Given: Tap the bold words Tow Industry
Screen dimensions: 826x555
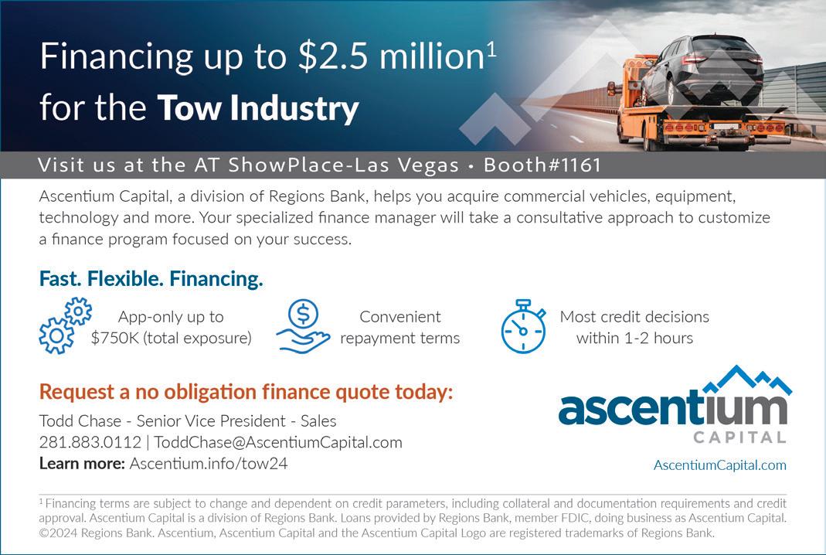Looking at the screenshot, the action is click(257, 108).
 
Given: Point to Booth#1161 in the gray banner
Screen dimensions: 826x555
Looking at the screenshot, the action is click(542, 165).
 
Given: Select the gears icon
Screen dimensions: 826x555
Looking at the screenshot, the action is click(66, 325).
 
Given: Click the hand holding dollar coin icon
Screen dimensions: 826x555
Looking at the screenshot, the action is click(303, 325).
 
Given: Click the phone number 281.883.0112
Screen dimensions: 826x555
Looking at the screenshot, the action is click(90, 442).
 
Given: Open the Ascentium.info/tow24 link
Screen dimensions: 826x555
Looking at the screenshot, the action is click(209, 463).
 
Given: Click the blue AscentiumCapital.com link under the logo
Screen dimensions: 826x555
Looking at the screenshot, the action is click(719, 465).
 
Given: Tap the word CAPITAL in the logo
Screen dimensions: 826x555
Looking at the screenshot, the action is click(739, 437).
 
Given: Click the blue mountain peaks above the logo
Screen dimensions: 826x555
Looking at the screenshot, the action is click(747, 380).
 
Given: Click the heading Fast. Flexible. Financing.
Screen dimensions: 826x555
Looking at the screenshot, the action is click(151, 279).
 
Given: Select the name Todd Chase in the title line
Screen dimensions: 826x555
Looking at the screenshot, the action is click(80, 421).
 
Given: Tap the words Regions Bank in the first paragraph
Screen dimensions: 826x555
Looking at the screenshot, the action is click(317, 196).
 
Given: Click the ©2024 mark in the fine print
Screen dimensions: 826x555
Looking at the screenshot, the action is click(58, 533).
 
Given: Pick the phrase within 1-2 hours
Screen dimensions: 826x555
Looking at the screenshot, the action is click(635, 338).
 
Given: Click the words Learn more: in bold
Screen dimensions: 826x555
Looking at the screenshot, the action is click(82, 463).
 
